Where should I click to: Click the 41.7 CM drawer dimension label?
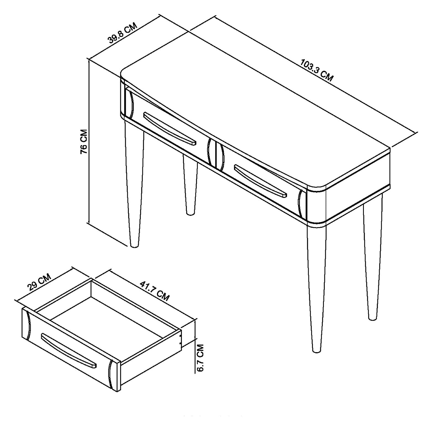click(x=154, y=291)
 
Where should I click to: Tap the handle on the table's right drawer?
click(x=261, y=181)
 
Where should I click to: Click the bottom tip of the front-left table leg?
click(x=134, y=246)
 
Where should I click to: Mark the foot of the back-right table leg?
click(x=373, y=319)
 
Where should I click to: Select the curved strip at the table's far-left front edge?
click(x=130, y=104)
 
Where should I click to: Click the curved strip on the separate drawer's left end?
click(x=28, y=325)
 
